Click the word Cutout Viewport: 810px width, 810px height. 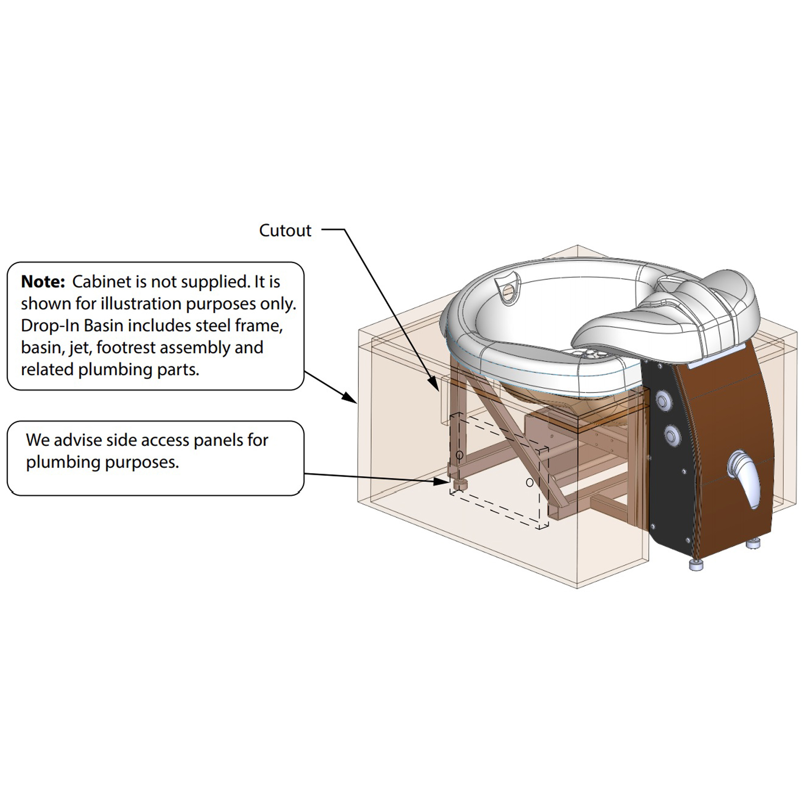pyautogui.click(x=285, y=230)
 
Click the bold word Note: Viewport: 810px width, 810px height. pyautogui.click(x=43, y=282)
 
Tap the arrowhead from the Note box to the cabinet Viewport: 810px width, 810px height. pyautogui.click(x=349, y=398)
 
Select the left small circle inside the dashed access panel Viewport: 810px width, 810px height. pyautogui.click(x=459, y=455)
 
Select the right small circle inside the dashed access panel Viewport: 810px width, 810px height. pyautogui.click(x=529, y=483)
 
